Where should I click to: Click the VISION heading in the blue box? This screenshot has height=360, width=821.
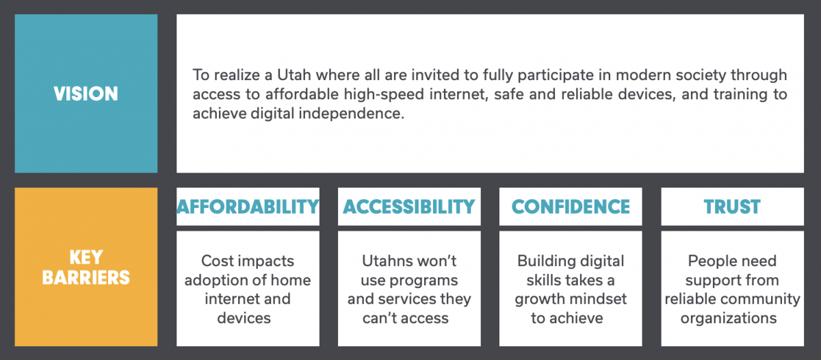click(86, 94)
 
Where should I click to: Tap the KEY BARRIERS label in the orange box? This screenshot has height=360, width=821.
click(86, 268)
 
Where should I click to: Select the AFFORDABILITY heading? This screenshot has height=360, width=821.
click(248, 207)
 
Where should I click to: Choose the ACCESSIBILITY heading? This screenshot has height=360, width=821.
click(409, 207)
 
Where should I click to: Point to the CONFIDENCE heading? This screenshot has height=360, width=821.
click(571, 207)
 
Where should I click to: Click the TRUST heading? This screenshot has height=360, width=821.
click(732, 207)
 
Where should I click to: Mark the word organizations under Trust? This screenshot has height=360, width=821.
click(732, 318)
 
